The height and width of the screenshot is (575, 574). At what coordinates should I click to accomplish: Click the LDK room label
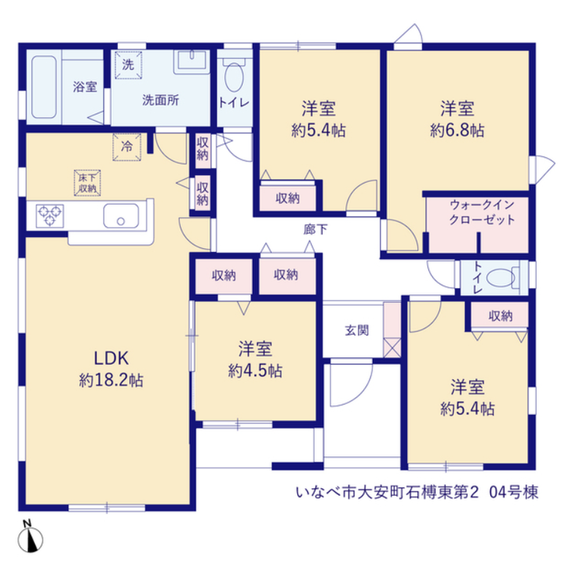(x=111, y=358)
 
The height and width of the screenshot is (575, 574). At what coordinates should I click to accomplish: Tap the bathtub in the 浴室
(x=44, y=87)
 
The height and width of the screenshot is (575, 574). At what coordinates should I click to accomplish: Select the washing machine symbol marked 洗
(x=128, y=65)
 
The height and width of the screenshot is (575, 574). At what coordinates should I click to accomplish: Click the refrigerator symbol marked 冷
(x=127, y=147)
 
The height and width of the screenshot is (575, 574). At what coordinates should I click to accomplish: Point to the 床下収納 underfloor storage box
(x=88, y=183)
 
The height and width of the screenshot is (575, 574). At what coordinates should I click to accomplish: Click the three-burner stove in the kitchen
(x=50, y=216)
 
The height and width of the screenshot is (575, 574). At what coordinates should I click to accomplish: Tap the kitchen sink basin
(x=121, y=216)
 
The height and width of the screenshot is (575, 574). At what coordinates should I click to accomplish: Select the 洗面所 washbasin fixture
(x=192, y=62)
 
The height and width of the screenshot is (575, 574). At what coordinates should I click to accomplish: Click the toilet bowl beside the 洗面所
(x=233, y=76)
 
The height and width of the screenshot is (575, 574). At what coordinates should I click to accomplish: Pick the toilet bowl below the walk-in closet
(x=500, y=277)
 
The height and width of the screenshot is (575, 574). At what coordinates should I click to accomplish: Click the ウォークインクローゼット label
(x=482, y=212)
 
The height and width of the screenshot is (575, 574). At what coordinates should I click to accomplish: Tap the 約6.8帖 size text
(x=458, y=130)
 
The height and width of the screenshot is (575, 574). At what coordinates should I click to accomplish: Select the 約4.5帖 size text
(x=255, y=371)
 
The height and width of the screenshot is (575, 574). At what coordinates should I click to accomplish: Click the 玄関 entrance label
(x=357, y=330)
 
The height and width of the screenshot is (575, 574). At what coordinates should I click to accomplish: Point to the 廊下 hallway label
(x=315, y=229)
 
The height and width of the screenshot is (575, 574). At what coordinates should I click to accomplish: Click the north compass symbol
(x=30, y=537)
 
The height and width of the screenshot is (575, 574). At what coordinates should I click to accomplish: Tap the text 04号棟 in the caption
(x=513, y=493)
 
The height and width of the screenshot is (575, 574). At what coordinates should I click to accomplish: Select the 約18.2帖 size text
(x=111, y=380)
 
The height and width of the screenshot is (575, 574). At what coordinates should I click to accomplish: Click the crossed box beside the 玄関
(x=392, y=347)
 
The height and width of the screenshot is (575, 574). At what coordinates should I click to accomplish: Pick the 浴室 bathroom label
(x=85, y=87)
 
